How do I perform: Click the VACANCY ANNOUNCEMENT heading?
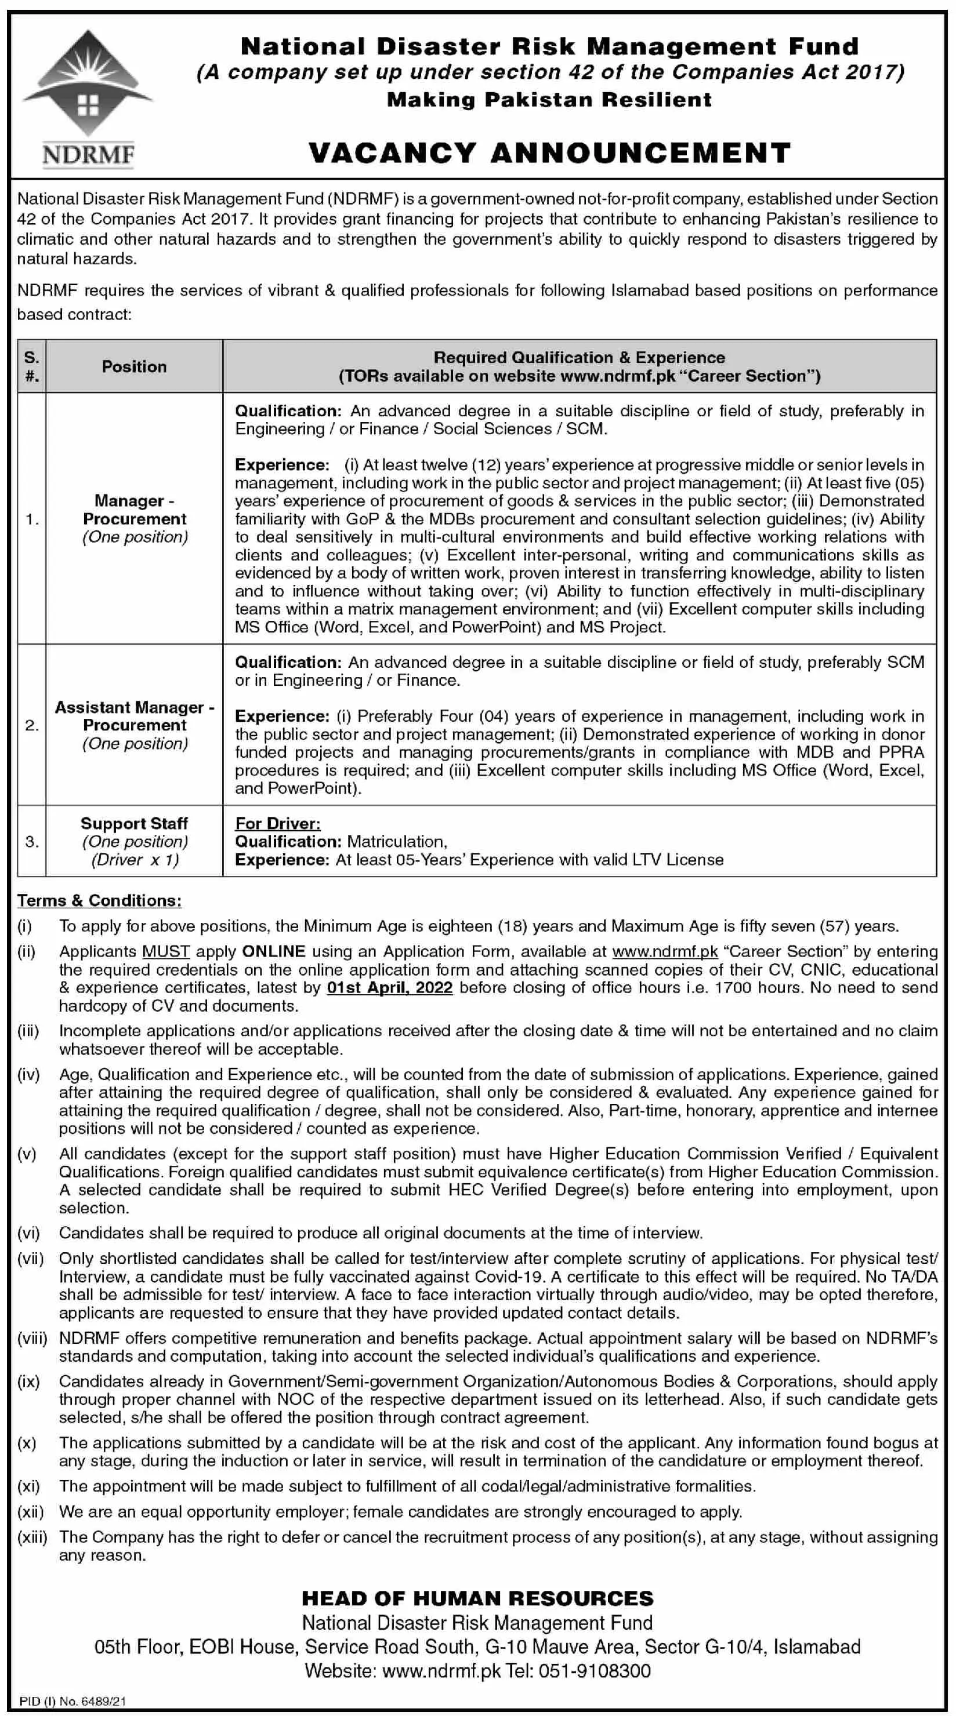point(549,153)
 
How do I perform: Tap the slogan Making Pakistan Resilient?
point(549,100)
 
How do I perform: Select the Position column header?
point(134,366)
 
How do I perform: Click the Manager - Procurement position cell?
point(135,519)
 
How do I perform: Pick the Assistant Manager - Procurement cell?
point(135,725)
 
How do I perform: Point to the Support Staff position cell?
point(135,841)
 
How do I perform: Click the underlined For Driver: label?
point(277,824)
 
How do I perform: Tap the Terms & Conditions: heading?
point(99,901)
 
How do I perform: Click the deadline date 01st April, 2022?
point(389,988)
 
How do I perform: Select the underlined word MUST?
point(166,952)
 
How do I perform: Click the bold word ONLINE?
point(274,952)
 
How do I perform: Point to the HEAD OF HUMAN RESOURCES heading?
point(477,1599)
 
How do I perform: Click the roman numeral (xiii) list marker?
point(32,1537)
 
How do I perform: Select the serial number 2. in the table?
point(31,725)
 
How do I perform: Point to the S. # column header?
point(31,366)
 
